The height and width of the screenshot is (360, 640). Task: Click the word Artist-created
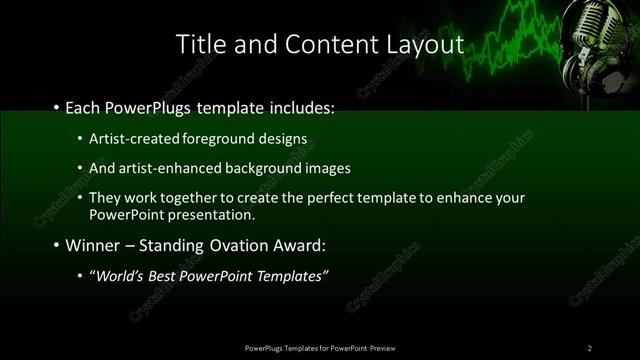point(130,138)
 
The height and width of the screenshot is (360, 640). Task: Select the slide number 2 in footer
point(590,347)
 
